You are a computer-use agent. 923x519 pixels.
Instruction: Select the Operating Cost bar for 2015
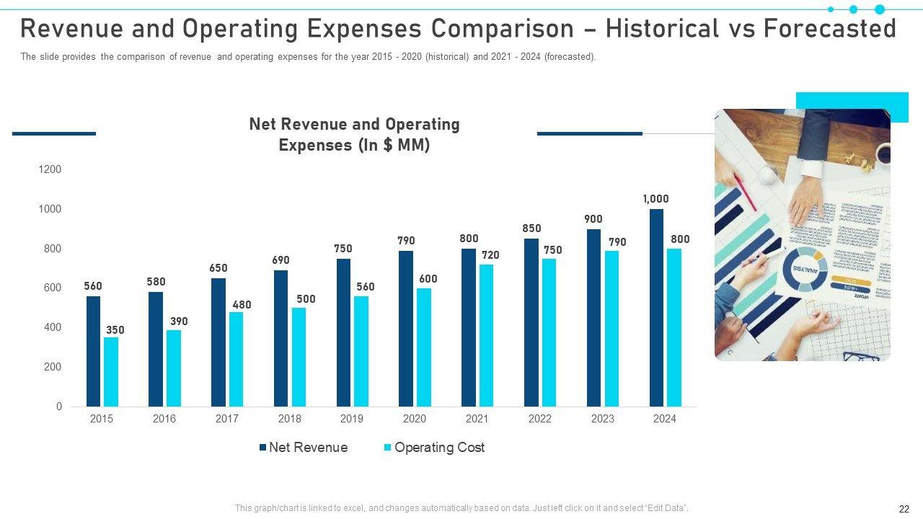pyautogui.click(x=111, y=372)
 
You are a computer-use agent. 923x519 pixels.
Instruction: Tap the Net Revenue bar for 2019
pyautogui.click(x=343, y=332)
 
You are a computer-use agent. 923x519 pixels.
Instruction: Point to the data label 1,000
pyautogui.click(x=656, y=199)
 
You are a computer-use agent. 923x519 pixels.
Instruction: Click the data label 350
pyautogui.click(x=115, y=330)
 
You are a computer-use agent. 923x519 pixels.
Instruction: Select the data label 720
pyautogui.click(x=490, y=255)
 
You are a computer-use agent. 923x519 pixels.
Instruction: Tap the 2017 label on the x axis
pyautogui.click(x=226, y=419)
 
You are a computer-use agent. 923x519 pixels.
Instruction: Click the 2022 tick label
pyautogui.click(x=539, y=419)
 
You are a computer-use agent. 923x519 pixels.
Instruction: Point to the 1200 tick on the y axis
pyautogui.click(x=50, y=169)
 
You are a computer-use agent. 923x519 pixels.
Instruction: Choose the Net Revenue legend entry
pyautogui.click(x=304, y=448)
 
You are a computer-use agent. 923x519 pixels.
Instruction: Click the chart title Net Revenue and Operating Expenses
pyautogui.click(x=354, y=134)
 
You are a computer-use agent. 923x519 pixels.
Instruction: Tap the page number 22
pyautogui.click(x=904, y=508)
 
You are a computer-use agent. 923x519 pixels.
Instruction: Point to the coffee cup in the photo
pyautogui.click(x=882, y=153)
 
